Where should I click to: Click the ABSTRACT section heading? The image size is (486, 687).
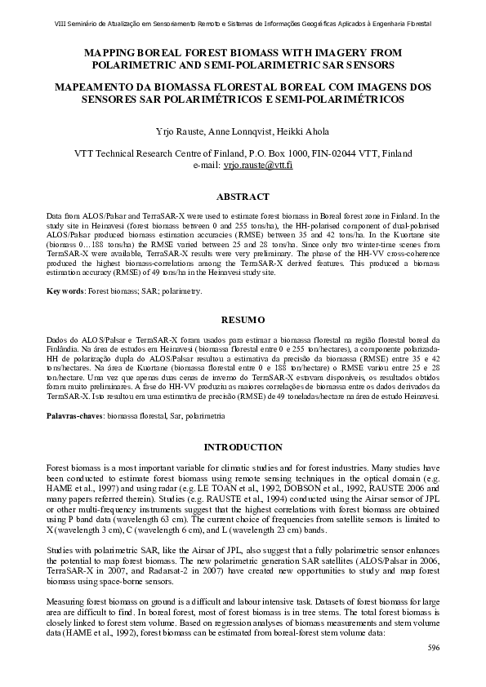pos(243,197)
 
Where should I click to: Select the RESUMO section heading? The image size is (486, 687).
pos(243,319)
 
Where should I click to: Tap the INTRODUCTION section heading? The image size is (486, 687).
pos(243,447)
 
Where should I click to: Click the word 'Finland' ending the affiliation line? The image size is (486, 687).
pos(395,153)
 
